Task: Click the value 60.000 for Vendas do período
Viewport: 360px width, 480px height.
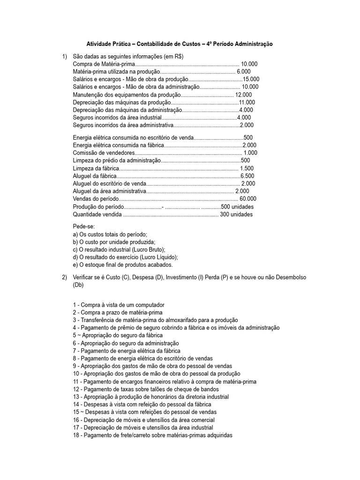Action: tap(247, 199)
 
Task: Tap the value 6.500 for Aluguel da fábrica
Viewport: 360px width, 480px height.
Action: tap(247, 176)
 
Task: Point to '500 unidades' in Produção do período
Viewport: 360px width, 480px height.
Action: tap(237, 207)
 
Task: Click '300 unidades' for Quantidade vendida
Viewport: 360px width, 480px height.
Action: tap(236, 214)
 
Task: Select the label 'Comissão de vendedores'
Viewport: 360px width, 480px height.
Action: tap(104, 153)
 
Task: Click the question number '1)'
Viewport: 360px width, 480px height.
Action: tap(65, 57)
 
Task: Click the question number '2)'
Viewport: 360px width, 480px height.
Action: tap(65, 277)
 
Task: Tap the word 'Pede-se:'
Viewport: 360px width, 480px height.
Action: tap(83, 226)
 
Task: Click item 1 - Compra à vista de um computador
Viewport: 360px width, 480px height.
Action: tap(119, 305)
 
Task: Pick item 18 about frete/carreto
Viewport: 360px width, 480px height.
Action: tap(152, 435)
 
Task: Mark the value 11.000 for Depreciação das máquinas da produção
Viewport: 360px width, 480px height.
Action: tap(247, 102)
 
